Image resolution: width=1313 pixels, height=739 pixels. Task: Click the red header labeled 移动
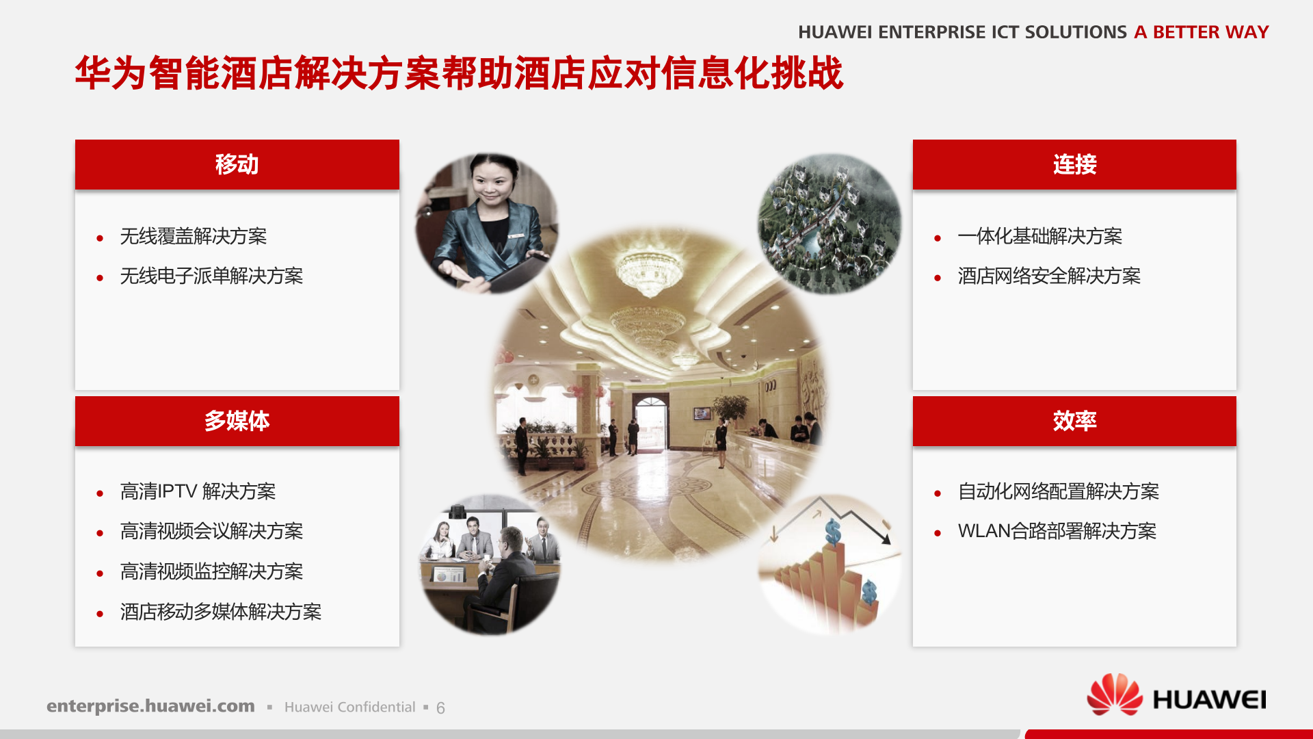pyautogui.click(x=237, y=165)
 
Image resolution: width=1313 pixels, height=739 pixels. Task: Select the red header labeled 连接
pyautogui.click(x=1074, y=165)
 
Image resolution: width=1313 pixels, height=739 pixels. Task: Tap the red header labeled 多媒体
pyautogui.click(x=237, y=421)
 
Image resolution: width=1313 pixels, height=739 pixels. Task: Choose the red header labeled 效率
pyautogui.click(x=1074, y=421)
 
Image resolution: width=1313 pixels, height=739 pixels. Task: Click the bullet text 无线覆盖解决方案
pyautogui.click(x=193, y=237)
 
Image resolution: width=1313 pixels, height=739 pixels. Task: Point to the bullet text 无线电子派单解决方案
pyautogui.click(x=211, y=276)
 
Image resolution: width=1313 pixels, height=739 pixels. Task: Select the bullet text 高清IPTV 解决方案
pyautogui.click(x=198, y=492)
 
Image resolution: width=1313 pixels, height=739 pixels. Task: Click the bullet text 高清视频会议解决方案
pyautogui.click(x=211, y=532)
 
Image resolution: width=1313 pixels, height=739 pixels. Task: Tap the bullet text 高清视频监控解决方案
pyautogui.click(x=211, y=572)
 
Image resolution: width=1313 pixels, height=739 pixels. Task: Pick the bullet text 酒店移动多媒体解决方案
pyautogui.click(x=220, y=612)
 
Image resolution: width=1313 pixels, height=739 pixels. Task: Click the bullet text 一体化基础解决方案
pyautogui.click(x=1039, y=237)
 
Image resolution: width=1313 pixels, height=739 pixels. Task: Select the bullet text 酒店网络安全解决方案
pyautogui.click(x=1049, y=276)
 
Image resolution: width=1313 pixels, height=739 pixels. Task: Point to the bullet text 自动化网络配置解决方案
pyautogui.click(x=1058, y=492)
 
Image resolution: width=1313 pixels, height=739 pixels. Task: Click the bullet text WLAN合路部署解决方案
pyautogui.click(x=1057, y=532)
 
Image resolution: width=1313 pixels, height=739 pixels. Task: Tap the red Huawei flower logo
pyautogui.click(x=1114, y=695)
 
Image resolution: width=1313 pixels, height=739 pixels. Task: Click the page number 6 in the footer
pyautogui.click(x=440, y=708)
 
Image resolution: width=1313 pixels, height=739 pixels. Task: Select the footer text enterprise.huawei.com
pyautogui.click(x=150, y=706)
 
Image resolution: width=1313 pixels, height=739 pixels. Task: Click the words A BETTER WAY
pyautogui.click(x=1201, y=32)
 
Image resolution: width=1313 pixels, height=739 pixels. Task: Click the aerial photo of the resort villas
pyautogui.click(x=829, y=224)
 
